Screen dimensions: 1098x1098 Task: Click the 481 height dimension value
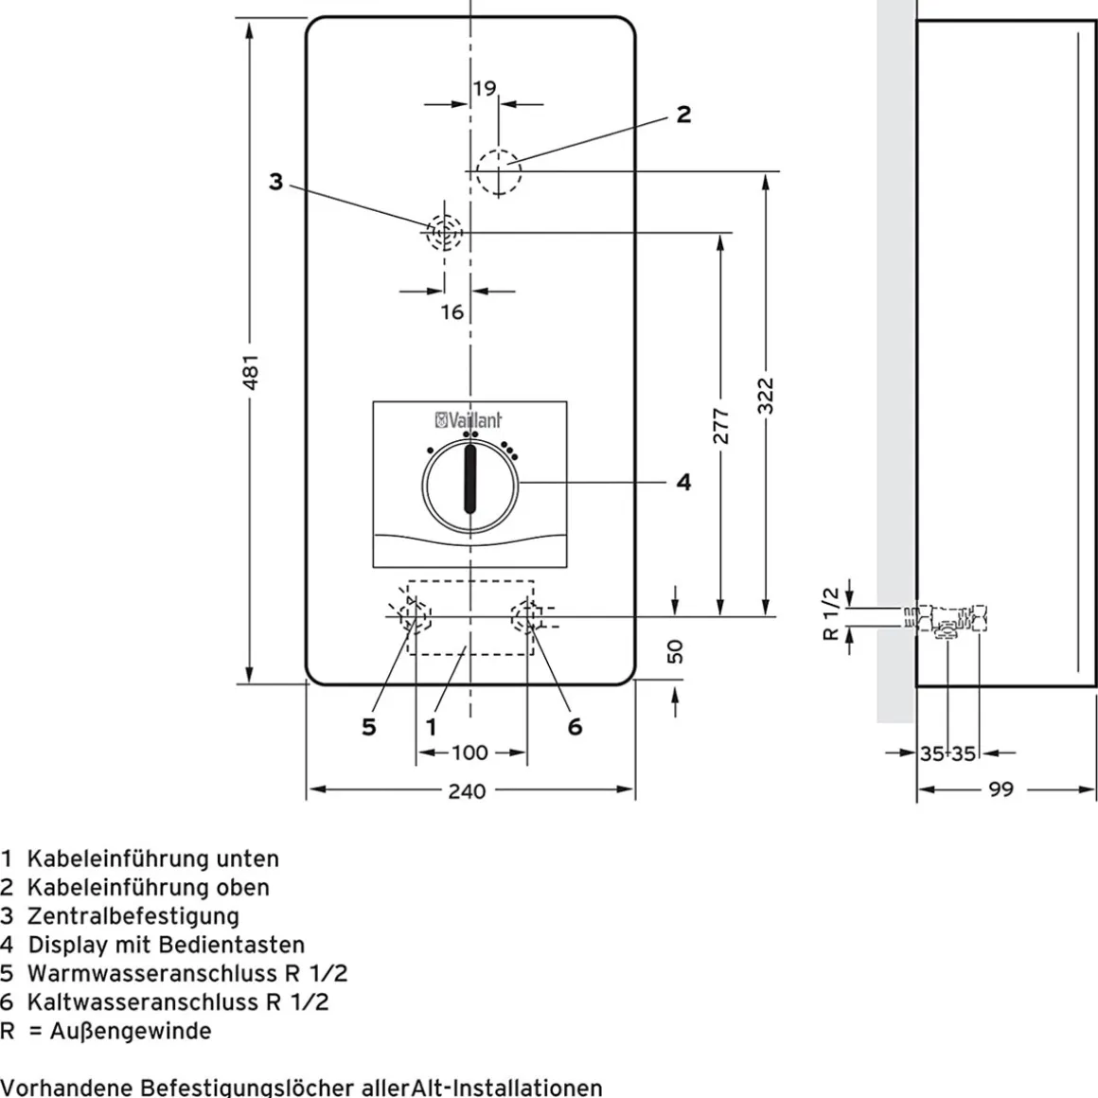[252, 372]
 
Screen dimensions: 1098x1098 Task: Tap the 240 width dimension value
[467, 791]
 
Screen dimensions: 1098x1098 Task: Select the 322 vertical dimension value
[766, 396]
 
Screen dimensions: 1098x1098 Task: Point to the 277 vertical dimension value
[720, 426]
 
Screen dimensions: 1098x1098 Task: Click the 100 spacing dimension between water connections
[469, 753]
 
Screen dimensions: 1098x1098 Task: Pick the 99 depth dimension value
[1001, 789]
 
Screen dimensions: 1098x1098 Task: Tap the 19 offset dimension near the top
[484, 88]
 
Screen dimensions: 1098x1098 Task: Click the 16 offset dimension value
[452, 311]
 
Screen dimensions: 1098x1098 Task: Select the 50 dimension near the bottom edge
[674, 651]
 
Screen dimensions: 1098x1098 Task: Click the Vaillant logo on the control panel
[469, 420]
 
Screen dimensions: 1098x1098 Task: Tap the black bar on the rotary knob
[469, 481]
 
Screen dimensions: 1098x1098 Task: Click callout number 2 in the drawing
[683, 115]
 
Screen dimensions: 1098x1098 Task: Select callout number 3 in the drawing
[275, 182]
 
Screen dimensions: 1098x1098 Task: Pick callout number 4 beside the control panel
[683, 482]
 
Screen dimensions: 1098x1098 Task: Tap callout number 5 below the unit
[369, 727]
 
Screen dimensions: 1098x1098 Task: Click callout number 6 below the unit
[575, 727]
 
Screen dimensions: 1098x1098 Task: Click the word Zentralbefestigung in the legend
[133, 916]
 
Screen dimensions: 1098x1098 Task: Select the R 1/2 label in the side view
[830, 613]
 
